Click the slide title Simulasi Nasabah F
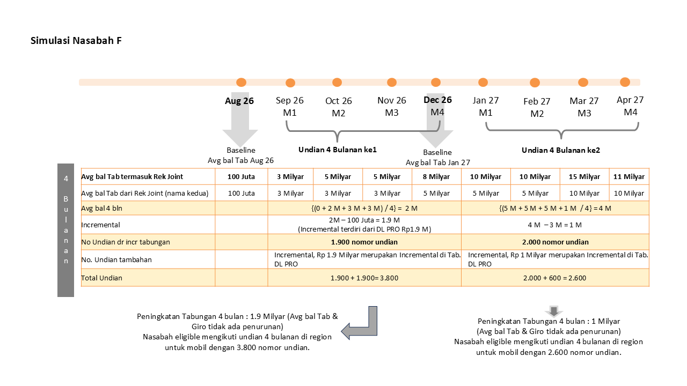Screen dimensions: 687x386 click(x=76, y=40)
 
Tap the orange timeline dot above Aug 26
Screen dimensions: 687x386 click(x=241, y=83)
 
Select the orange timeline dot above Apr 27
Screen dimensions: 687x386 click(x=625, y=82)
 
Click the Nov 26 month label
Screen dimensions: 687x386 click(x=392, y=100)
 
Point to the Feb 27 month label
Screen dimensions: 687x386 click(x=537, y=101)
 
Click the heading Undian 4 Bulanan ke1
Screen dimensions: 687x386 click(x=338, y=150)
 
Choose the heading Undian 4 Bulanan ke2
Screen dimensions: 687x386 click(x=561, y=150)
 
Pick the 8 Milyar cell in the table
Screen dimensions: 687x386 click(x=436, y=177)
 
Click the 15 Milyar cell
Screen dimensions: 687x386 click(x=584, y=177)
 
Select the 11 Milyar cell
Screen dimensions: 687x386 click(x=628, y=177)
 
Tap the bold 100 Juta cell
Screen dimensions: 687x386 click(x=241, y=177)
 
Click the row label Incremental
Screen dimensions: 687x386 click(x=100, y=225)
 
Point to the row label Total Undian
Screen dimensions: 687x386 click(x=101, y=278)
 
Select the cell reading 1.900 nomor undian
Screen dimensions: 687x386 click(x=364, y=242)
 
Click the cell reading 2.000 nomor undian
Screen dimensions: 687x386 click(x=555, y=242)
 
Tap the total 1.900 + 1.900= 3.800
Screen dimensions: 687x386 click(x=364, y=278)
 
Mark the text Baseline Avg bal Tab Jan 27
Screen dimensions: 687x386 click(x=437, y=158)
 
